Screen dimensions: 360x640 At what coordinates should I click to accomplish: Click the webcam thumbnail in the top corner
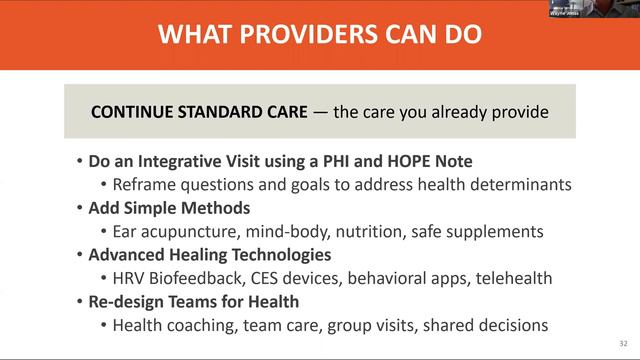pyautogui.click(x=594, y=8)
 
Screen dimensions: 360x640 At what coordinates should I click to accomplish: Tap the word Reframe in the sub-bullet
pyautogui.click(x=146, y=184)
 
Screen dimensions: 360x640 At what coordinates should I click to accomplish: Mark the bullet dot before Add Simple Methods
pyautogui.click(x=80, y=208)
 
